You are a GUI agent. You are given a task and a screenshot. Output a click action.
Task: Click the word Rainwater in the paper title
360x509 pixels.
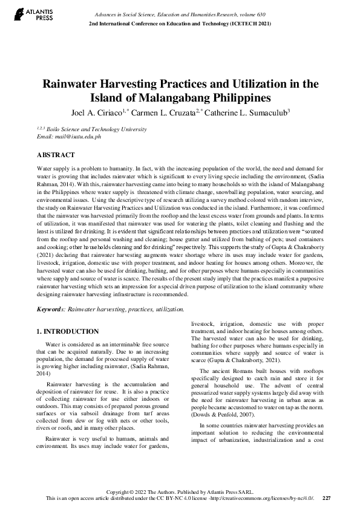pyautogui.click(x=68, y=84)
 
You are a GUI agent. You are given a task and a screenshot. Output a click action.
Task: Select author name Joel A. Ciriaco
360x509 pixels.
pyautogui.click(x=96, y=112)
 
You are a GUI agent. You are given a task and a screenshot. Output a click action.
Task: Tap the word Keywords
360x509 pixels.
pyautogui.click(x=51, y=309)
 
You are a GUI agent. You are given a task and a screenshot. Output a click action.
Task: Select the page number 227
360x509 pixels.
pyautogui.click(x=327, y=498)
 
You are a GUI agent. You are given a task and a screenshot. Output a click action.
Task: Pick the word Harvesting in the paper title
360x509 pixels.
pyautogui.click(x=126, y=84)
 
